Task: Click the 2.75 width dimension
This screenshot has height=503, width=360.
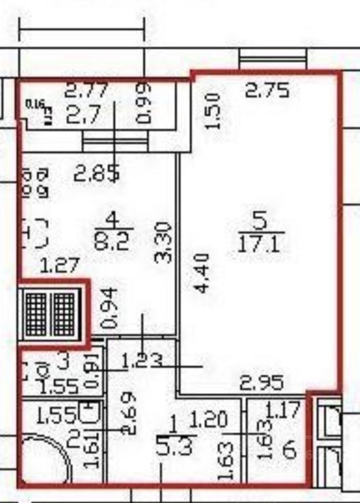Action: [267, 91]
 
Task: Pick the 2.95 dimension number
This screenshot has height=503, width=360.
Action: [261, 382]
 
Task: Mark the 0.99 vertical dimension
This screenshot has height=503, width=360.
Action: [143, 103]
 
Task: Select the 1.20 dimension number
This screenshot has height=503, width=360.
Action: [208, 419]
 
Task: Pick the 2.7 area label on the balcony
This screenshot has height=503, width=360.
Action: [83, 115]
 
